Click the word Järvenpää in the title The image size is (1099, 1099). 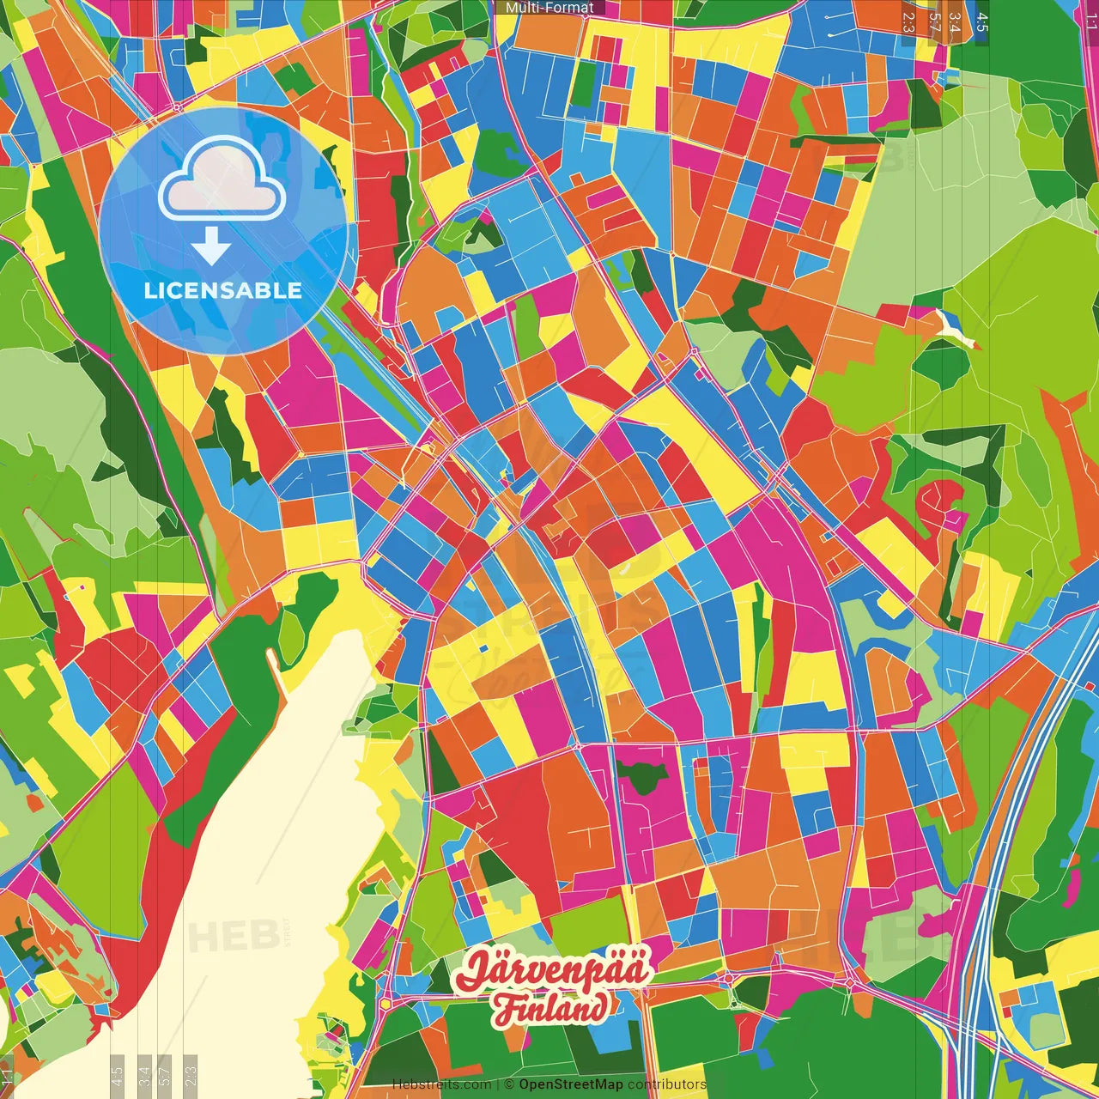(x=553, y=970)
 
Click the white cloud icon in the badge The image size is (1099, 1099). (x=222, y=179)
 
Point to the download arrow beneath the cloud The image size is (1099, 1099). (x=211, y=246)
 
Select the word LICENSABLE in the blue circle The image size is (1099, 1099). (x=223, y=290)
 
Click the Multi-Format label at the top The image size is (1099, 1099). (x=549, y=8)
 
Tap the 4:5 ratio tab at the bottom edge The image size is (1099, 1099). (x=117, y=1075)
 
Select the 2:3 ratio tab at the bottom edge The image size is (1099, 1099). (x=191, y=1075)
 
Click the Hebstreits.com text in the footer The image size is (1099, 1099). (x=441, y=1084)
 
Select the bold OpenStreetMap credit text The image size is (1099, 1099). (x=571, y=1084)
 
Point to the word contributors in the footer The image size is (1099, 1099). (x=667, y=1084)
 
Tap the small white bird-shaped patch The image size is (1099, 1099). (x=955, y=329)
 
